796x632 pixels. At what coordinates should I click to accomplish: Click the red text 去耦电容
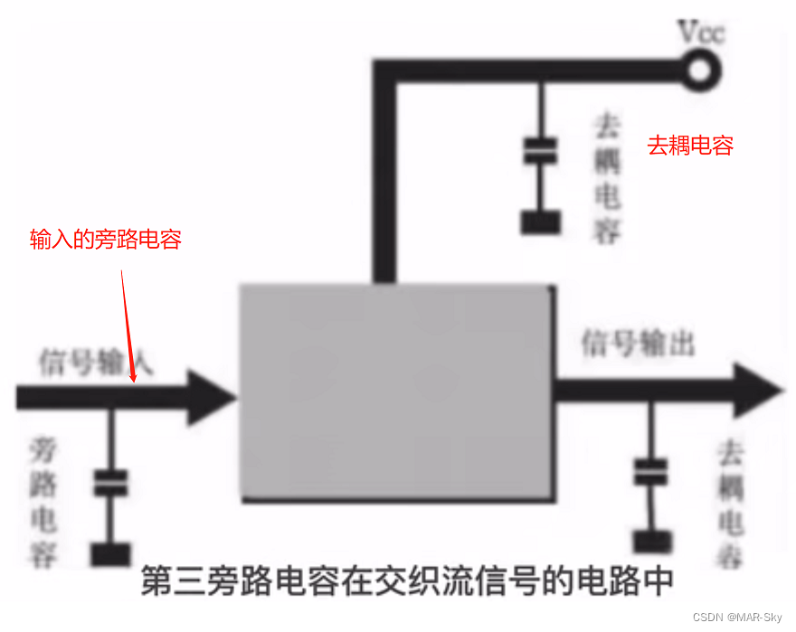[689, 146]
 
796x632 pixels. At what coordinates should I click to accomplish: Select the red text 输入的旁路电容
[106, 240]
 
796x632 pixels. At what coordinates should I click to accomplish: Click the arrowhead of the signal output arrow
[758, 390]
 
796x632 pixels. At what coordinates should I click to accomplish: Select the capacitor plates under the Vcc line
[540, 151]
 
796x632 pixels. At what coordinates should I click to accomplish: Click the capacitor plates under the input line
[111, 484]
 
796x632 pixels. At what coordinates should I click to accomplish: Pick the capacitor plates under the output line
[649, 471]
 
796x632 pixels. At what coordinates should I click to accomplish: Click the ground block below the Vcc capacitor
[540, 222]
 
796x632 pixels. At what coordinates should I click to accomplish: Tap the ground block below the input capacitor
[111, 552]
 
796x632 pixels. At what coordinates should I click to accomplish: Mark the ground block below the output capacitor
[649, 541]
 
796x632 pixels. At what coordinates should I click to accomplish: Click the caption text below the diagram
[407, 581]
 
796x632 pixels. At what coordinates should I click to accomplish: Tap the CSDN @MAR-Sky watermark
[739, 617]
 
